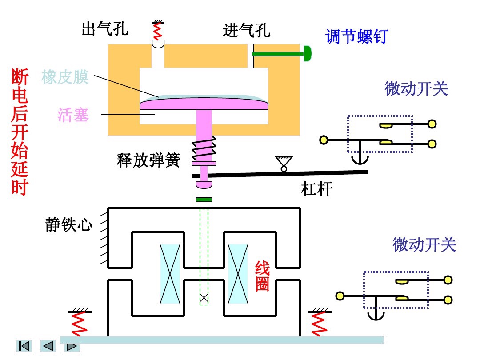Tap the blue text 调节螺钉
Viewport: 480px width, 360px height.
point(356,36)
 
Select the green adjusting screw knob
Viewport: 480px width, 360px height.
point(307,53)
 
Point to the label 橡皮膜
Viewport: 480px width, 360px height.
point(65,77)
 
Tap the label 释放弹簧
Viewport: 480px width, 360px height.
point(148,160)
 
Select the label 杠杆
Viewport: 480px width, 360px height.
point(317,190)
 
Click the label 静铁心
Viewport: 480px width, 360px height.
point(69,224)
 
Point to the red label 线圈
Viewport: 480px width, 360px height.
point(262,276)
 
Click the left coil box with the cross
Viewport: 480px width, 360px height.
point(171,274)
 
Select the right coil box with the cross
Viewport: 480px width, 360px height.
point(238,274)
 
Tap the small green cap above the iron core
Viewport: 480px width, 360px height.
point(204,200)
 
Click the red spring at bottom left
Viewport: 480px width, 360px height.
point(78,324)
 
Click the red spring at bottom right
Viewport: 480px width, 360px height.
point(318,324)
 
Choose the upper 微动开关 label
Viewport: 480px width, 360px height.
point(416,89)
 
